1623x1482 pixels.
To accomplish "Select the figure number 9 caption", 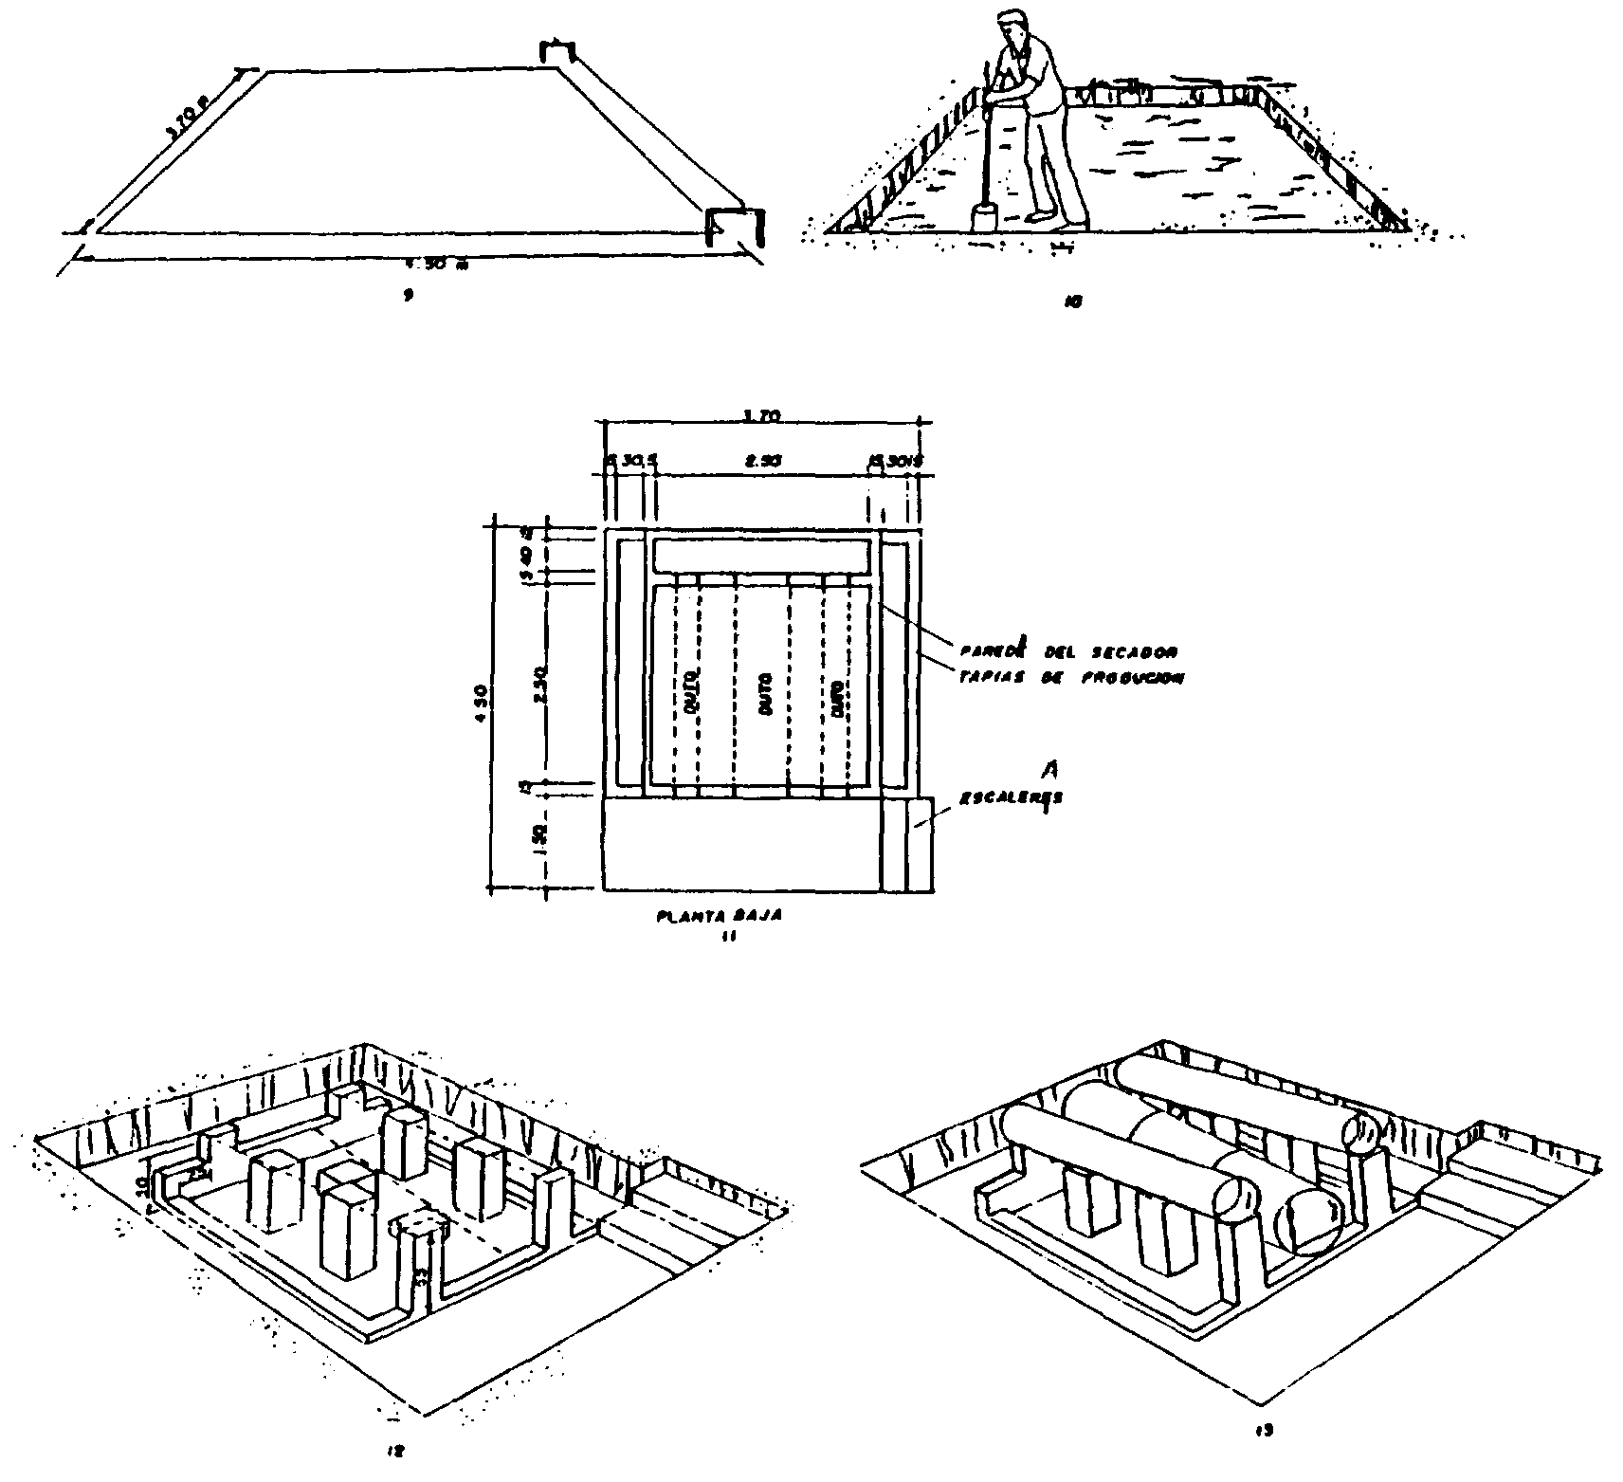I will [x=407, y=295].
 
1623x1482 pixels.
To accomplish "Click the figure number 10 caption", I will [x=1073, y=302].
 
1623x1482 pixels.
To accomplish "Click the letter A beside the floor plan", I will [x=1048, y=773].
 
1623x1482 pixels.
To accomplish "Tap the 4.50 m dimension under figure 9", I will [x=446, y=265].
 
